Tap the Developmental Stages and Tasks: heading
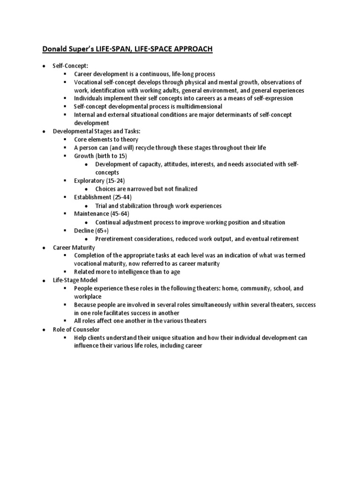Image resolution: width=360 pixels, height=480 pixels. (x=90, y=131)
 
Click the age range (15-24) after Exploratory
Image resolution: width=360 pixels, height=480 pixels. (x=115, y=180)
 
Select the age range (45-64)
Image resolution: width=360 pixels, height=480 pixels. (x=120, y=214)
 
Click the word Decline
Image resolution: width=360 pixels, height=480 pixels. (x=84, y=231)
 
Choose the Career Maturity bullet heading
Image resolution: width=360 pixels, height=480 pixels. (x=74, y=247)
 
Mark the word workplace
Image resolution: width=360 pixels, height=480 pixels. (x=88, y=297)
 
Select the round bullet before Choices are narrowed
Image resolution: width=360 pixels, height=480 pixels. (x=88, y=189)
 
